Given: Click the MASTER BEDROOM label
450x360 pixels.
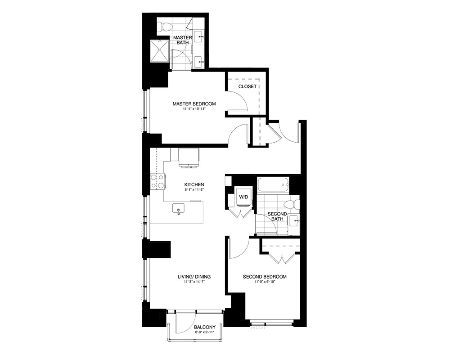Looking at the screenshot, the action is (194, 103).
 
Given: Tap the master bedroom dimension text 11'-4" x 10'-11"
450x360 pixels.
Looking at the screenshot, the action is (194, 109).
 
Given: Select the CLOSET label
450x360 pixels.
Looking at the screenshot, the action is (247, 86).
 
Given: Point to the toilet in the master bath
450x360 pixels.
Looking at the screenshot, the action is (166, 27).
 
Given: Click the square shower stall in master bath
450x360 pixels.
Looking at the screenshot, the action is (159, 50).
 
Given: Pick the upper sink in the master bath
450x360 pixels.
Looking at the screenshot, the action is (199, 37).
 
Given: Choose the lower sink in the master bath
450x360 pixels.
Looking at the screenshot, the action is (199, 62).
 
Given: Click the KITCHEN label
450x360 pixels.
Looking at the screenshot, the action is (194, 184).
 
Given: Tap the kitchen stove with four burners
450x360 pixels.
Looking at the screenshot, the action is (157, 182).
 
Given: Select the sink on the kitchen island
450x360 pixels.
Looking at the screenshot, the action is (179, 208).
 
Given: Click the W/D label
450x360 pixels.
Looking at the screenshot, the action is (243, 197).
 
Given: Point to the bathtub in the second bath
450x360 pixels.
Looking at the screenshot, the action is (273, 185).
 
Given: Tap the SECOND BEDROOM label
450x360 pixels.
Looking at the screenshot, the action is (265, 277).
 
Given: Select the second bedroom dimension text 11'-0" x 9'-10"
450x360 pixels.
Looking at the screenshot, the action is (265, 282).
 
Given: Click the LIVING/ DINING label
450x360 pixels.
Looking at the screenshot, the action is (194, 277).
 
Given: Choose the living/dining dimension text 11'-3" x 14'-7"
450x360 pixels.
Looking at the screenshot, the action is (194, 282).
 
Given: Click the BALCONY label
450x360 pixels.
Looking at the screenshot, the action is (205, 327).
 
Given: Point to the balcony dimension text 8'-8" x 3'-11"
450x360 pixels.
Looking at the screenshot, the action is (205, 332).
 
